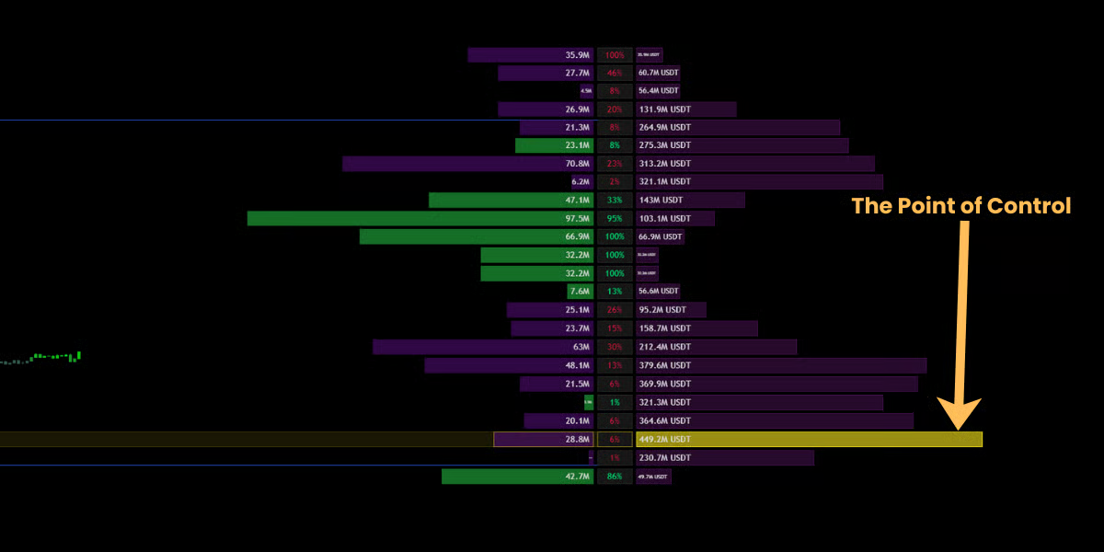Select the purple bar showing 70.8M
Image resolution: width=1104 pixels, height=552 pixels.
[468, 164]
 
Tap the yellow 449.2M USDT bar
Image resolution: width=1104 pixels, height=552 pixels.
[809, 439]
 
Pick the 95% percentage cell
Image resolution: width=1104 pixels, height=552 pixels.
[615, 218]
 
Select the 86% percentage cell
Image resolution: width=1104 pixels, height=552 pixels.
[615, 476]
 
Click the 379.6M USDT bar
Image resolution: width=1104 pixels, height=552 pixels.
[781, 365]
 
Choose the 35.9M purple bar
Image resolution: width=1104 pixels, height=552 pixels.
[531, 54]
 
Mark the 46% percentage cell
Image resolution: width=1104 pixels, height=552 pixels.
[615, 73]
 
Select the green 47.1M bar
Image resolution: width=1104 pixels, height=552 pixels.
[511, 200]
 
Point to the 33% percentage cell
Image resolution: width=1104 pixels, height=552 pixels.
[615, 200]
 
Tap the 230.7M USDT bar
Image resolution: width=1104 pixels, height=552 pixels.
[725, 457]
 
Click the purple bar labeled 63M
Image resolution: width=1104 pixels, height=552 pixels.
[483, 347]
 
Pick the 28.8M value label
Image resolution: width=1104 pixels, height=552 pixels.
[578, 439]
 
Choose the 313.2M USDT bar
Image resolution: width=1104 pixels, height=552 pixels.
[755, 164]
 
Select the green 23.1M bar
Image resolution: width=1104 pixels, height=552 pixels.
[554, 145]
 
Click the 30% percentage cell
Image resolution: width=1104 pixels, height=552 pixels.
[615, 347]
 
